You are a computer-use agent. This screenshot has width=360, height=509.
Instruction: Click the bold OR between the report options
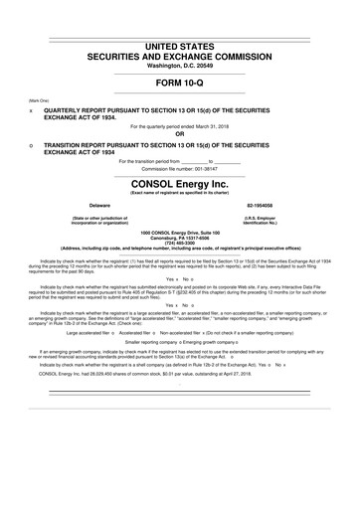[x=179, y=133]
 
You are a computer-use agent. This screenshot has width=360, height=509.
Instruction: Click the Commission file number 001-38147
[x=212, y=167]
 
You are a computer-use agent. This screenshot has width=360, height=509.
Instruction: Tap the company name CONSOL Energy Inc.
[x=179, y=184]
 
